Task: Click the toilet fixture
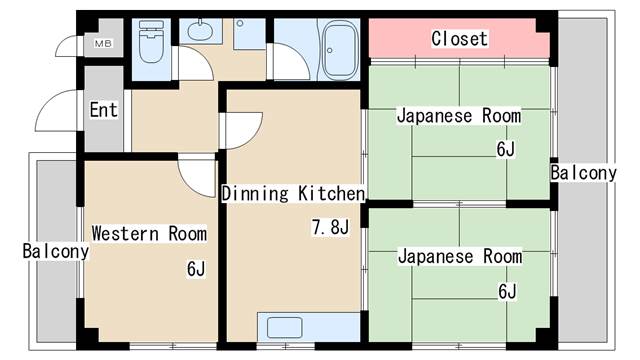[151, 42]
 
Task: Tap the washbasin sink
[200, 30]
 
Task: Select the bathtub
[338, 49]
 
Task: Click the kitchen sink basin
[284, 327]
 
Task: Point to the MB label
[103, 43]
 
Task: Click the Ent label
[104, 110]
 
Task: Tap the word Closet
[460, 39]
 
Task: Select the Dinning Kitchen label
[293, 193]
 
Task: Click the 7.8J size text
[330, 227]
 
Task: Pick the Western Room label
[149, 233]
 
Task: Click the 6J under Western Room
[196, 269]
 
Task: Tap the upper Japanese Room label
[459, 116]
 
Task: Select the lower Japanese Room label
[460, 256]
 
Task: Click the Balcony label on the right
[583, 173]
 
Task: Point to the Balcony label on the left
[56, 251]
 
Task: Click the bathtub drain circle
[329, 51]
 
